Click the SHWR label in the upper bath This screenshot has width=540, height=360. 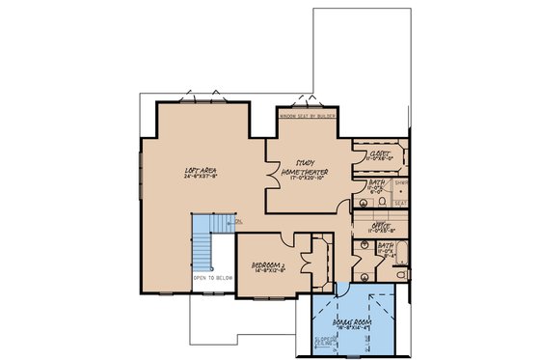pos(400,180)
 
